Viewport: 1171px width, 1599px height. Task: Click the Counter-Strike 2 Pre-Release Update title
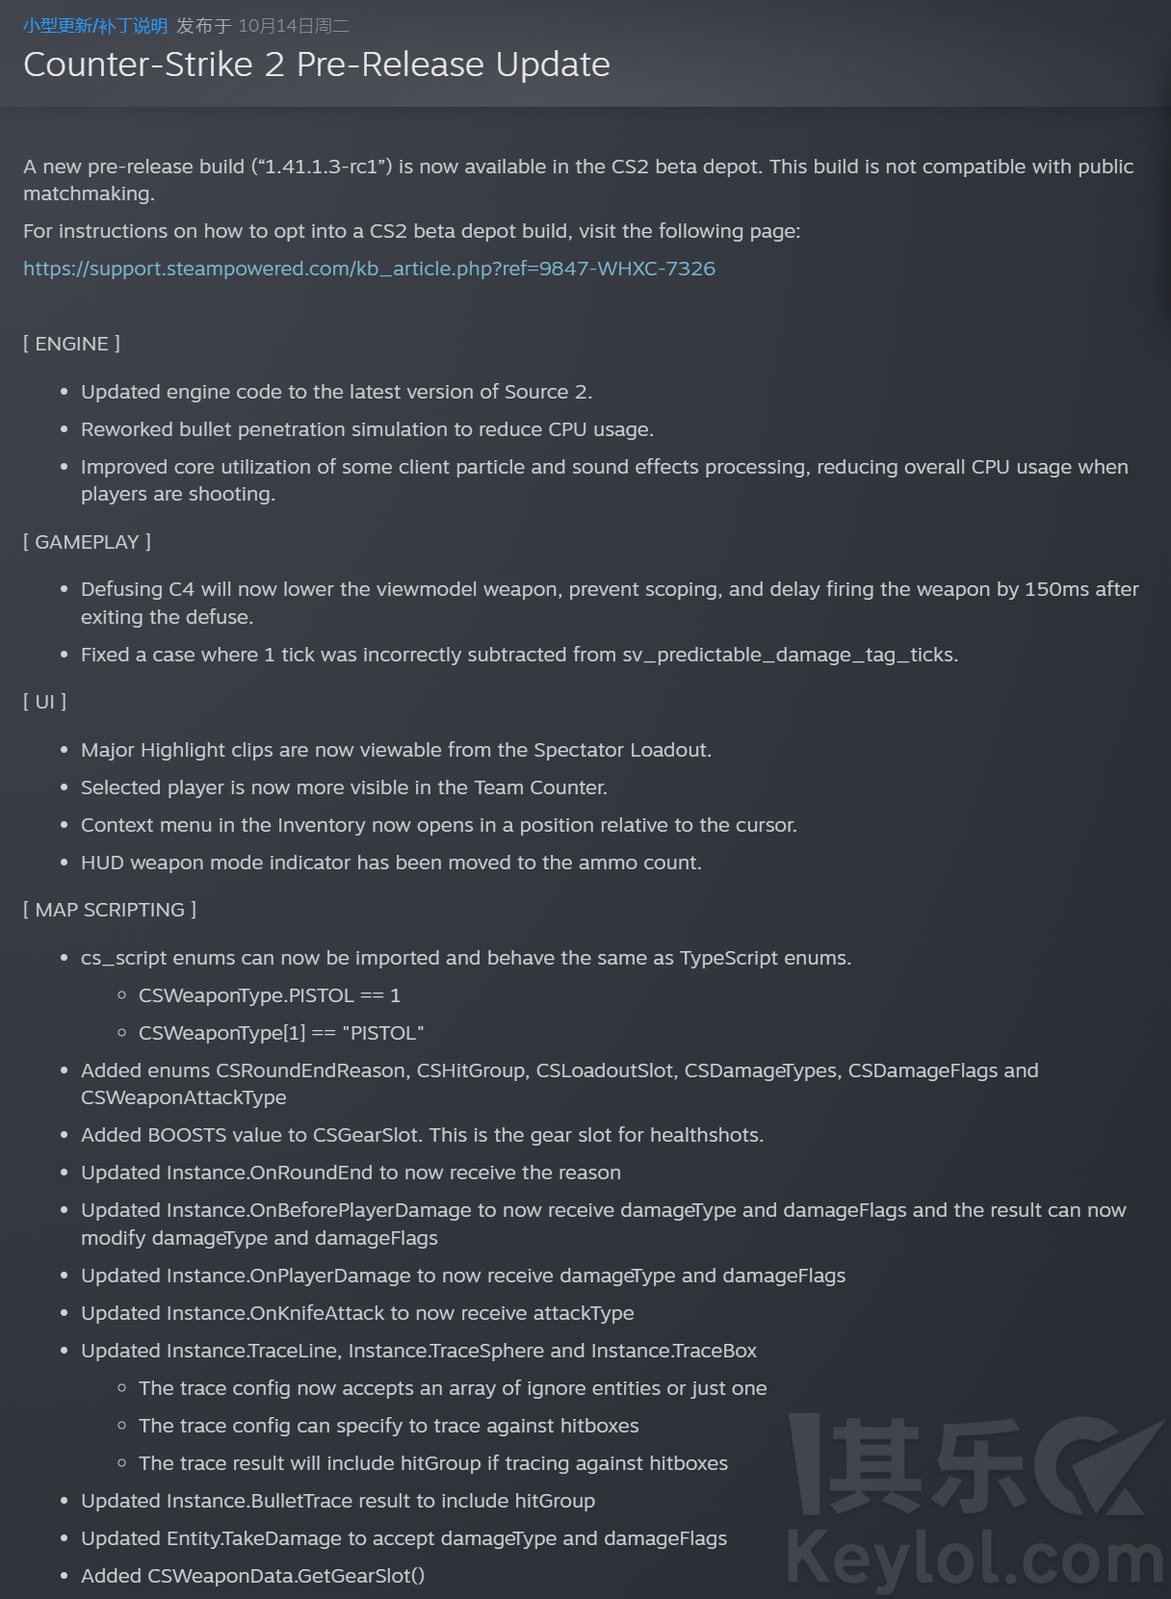pos(316,64)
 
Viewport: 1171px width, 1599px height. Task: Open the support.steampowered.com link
pos(369,269)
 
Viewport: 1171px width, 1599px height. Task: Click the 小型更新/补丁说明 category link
pos(95,26)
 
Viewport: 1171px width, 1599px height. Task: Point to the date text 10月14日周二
pos(294,26)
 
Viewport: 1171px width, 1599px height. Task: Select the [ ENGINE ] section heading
pos(71,344)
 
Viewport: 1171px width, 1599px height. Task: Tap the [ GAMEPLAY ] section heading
pos(87,542)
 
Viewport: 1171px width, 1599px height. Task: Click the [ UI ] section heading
pos(44,702)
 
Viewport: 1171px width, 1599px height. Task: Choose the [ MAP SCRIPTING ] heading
pos(110,910)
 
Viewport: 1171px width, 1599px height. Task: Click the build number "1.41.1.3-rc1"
pos(321,167)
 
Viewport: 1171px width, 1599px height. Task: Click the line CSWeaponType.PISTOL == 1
pos(269,995)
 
